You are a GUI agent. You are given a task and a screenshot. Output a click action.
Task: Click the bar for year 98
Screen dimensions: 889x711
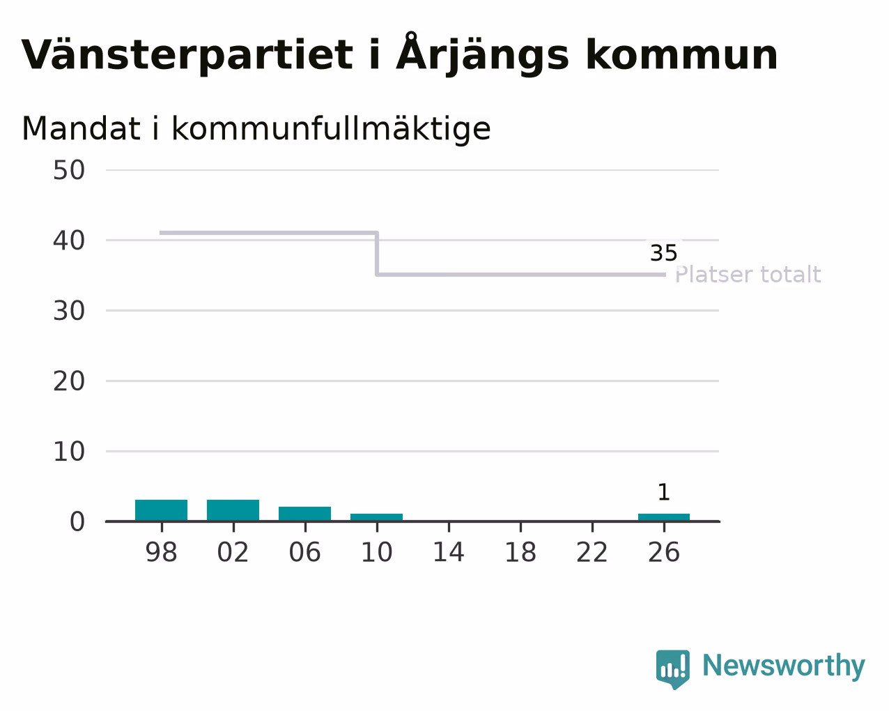tap(161, 510)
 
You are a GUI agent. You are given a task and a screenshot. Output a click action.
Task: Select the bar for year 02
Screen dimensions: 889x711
tap(233, 510)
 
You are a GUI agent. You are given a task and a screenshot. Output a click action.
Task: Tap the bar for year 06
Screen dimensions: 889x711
tap(305, 514)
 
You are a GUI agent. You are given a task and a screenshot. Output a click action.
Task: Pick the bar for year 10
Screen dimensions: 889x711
tap(376, 517)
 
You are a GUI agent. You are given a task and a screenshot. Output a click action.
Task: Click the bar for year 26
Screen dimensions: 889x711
tap(664, 517)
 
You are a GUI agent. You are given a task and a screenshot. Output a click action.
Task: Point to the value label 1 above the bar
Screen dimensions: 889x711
tap(664, 492)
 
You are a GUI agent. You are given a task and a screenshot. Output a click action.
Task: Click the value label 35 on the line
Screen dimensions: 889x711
tap(664, 253)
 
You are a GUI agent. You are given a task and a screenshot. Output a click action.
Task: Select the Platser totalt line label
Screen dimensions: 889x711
tap(748, 275)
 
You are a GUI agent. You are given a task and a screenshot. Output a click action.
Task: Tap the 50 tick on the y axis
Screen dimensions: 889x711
tap(69, 170)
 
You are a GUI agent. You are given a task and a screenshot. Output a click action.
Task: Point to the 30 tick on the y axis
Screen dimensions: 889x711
tap(69, 311)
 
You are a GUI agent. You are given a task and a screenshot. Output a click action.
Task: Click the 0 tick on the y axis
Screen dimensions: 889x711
tap(77, 521)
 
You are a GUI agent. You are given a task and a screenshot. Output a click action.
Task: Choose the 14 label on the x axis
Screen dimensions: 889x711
tap(449, 552)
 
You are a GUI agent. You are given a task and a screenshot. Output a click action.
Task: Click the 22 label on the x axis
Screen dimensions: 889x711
tap(592, 552)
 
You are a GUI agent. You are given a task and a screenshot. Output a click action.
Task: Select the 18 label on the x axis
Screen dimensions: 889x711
tap(520, 552)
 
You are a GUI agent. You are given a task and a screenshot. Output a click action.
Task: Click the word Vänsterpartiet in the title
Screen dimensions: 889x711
tap(187, 55)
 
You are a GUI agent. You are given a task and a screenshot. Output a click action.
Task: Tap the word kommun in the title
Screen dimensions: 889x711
tap(682, 54)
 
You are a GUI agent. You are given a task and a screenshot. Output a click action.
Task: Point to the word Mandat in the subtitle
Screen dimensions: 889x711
tap(81, 128)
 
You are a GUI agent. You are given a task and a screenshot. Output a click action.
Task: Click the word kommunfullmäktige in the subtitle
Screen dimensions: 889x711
tap(331, 130)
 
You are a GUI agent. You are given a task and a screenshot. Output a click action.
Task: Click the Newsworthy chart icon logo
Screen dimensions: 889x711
tap(672, 669)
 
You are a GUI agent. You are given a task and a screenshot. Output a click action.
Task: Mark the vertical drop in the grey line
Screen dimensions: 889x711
tap(377, 254)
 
